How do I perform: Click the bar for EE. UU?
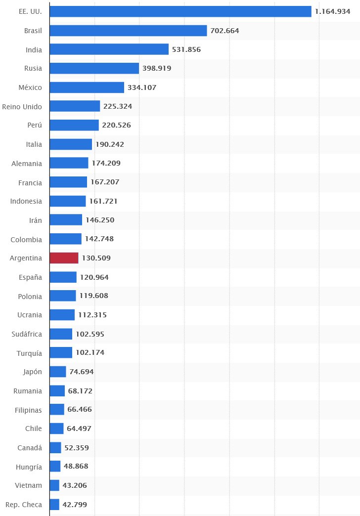point(180,11)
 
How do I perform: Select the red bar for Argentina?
point(64,258)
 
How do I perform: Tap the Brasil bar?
point(128,31)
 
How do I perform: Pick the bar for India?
point(109,49)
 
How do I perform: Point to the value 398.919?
point(157,68)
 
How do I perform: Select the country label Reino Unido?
point(22,106)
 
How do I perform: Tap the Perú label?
point(35,126)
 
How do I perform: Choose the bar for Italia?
point(71,144)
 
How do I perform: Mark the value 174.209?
point(106,163)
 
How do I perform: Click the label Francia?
point(30,182)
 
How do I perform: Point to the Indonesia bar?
point(68,201)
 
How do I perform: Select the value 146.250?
point(100,220)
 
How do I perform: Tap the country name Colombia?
point(26,239)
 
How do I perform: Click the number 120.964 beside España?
point(94,277)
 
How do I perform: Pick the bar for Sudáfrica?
point(61,334)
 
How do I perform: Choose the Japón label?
point(32,372)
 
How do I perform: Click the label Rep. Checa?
point(24,505)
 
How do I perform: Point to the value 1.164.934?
point(335,11)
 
